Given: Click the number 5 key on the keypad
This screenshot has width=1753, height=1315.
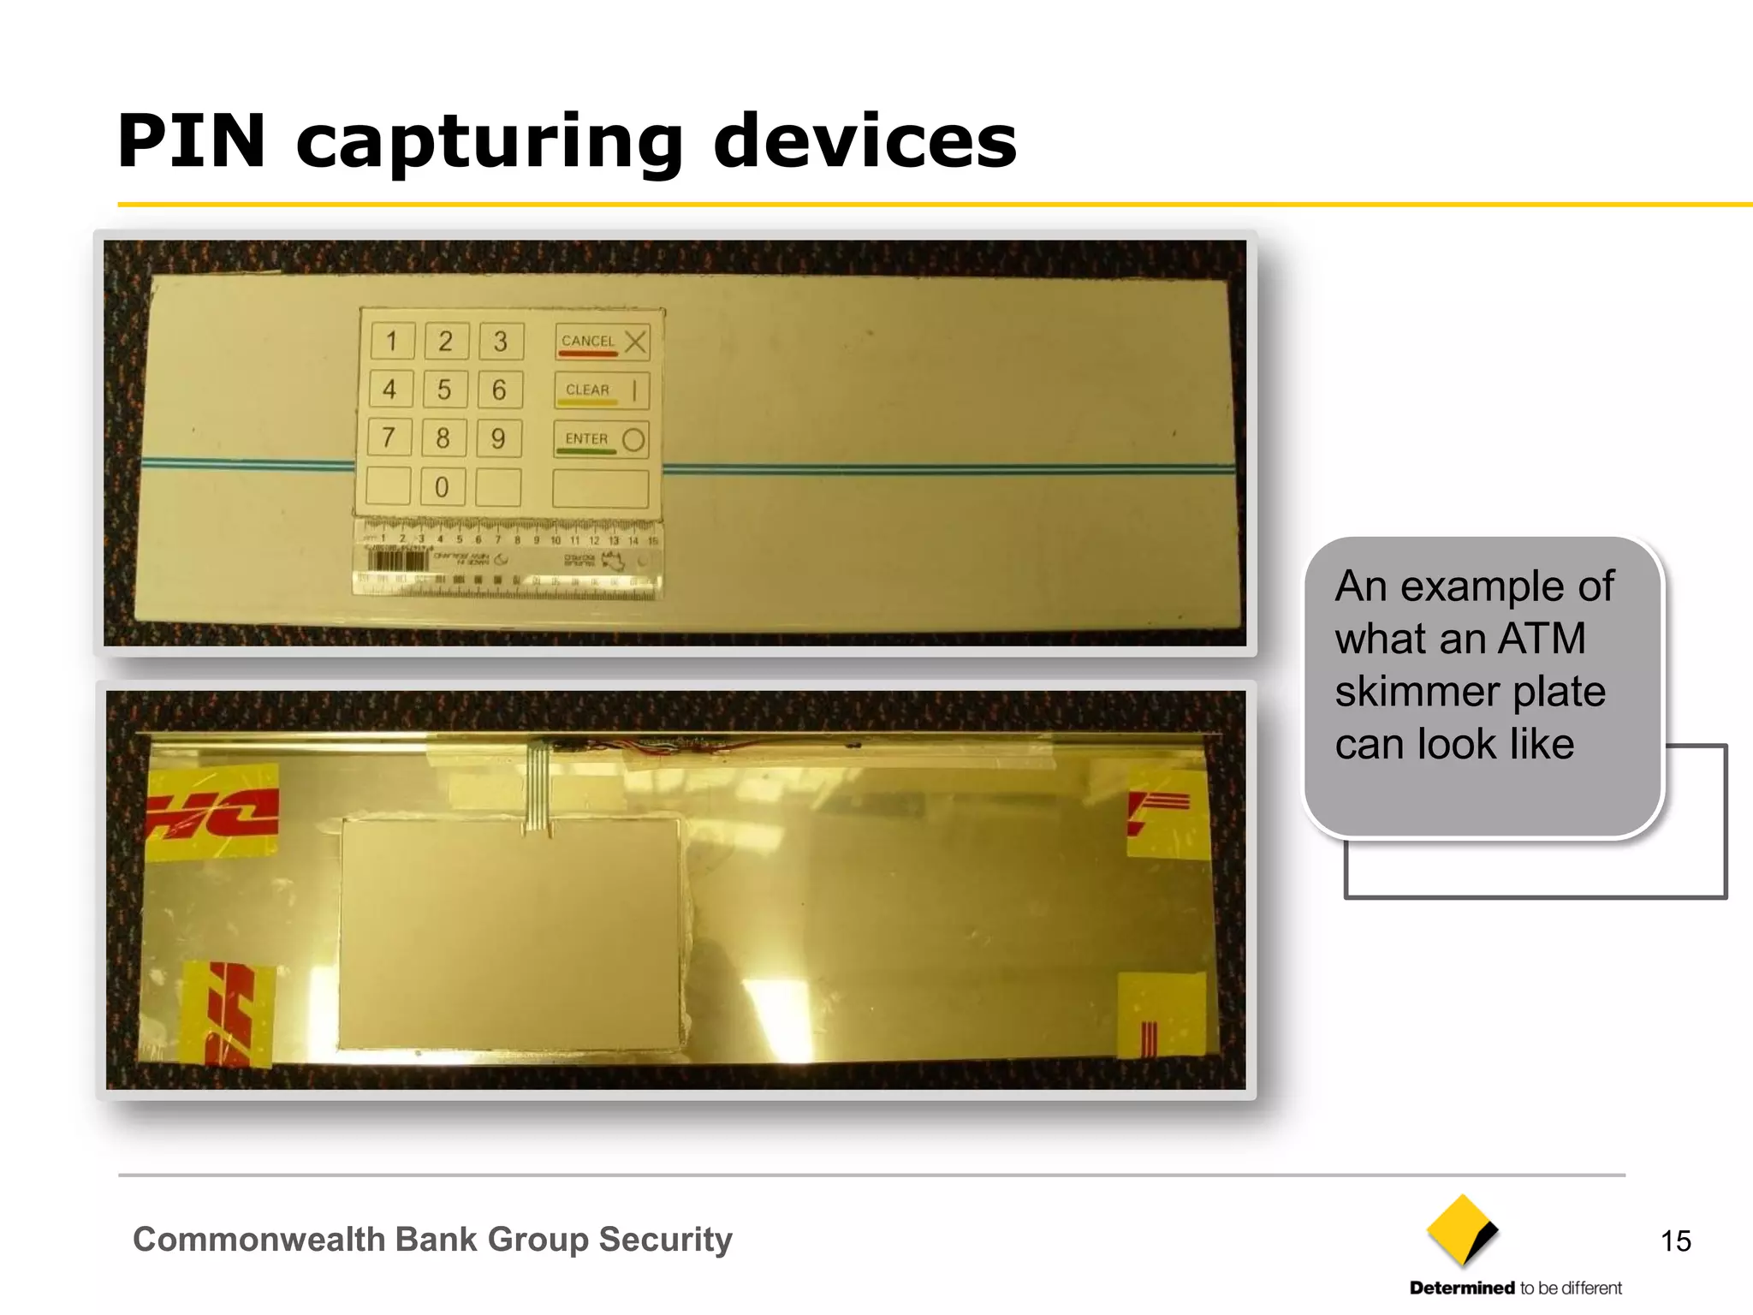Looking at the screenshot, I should tap(444, 390).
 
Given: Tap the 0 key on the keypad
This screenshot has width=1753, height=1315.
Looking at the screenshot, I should tap(442, 487).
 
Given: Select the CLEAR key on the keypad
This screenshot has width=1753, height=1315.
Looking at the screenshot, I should tap(601, 390).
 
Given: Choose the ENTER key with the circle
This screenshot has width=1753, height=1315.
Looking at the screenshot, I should tap(601, 439).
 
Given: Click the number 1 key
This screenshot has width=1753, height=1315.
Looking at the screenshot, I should tap(392, 342).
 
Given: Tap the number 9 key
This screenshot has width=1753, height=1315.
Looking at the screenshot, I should tap(498, 439).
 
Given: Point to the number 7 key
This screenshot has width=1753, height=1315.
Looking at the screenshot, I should tap(389, 438).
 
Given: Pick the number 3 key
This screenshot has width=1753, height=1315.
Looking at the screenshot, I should tap(501, 342).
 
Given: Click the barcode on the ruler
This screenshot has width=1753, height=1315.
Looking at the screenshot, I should tap(397, 561).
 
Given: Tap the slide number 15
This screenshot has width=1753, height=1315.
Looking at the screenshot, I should tap(1675, 1241).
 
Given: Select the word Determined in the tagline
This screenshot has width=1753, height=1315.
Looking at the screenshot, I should tap(1462, 1288).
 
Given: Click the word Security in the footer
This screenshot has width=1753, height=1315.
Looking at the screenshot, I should tap(665, 1240).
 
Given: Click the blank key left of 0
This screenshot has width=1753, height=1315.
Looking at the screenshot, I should tap(389, 486).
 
